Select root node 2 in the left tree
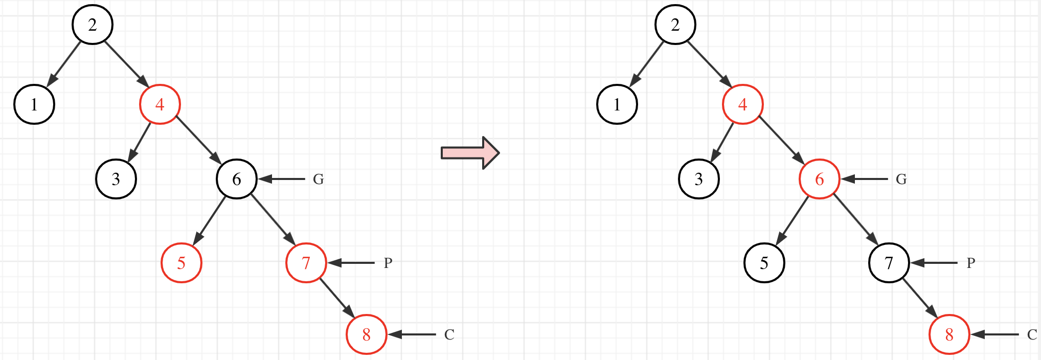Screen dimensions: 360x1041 click(x=93, y=25)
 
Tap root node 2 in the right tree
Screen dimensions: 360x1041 click(x=675, y=25)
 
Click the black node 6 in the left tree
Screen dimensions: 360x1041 click(x=237, y=179)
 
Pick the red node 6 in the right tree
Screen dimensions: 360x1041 click(x=820, y=179)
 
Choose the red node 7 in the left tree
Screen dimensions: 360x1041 click(x=306, y=263)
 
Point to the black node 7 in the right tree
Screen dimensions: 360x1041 click(x=889, y=263)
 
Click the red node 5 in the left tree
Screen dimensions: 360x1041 click(x=182, y=263)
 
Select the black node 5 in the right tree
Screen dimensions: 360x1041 click(x=764, y=263)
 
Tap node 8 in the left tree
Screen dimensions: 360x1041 click(x=367, y=334)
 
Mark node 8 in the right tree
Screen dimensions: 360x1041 click(x=949, y=334)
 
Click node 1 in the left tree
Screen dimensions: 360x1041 click(x=34, y=104)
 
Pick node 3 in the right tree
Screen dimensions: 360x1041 click(x=699, y=179)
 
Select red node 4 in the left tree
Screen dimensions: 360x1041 click(x=160, y=104)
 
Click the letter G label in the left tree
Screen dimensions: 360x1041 click(x=319, y=179)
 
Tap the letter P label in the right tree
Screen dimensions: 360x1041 click(x=971, y=263)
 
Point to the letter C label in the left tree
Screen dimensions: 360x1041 click(x=449, y=334)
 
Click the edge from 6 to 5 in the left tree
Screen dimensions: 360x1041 click(x=210, y=220)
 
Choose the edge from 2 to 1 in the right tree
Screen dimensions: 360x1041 click(x=647, y=63)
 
